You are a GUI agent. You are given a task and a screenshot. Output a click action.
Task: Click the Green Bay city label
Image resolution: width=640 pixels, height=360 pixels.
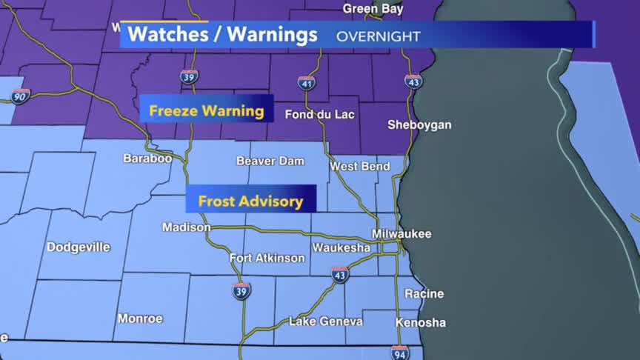(x=372, y=9)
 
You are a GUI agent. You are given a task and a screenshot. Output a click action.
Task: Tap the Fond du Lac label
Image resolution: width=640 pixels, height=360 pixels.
(x=318, y=115)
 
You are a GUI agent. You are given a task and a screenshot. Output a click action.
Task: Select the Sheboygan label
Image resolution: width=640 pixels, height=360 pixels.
(x=419, y=125)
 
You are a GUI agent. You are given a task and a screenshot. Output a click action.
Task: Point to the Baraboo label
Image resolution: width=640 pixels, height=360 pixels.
(x=147, y=159)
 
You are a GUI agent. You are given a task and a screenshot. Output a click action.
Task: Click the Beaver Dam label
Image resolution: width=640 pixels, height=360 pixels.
(x=267, y=161)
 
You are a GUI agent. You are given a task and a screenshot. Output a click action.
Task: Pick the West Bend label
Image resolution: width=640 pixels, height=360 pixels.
(x=360, y=167)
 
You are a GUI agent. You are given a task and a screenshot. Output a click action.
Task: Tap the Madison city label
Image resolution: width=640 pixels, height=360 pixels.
(x=186, y=227)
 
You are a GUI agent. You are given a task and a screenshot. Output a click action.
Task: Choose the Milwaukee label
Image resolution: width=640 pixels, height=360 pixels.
(x=401, y=234)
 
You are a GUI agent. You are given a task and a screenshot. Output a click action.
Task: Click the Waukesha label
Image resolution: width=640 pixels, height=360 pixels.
(x=341, y=247)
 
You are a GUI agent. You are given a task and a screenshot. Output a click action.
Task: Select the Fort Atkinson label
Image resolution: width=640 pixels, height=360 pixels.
(x=267, y=258)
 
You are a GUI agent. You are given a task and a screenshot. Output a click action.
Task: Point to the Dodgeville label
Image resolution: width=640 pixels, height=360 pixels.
(x=79, y=247)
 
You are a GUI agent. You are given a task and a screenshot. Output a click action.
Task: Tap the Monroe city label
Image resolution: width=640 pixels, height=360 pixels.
(x=140, y=319)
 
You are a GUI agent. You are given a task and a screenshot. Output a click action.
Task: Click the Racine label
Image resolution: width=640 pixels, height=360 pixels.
(x=424, y=293)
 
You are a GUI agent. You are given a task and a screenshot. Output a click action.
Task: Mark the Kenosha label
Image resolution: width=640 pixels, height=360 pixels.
(x=421, y=323)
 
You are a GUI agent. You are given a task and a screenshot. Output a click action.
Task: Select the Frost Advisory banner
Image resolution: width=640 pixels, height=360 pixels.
(x=250, y=201)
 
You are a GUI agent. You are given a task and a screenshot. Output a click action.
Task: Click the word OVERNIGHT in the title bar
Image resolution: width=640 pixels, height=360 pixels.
(x=379, y=36)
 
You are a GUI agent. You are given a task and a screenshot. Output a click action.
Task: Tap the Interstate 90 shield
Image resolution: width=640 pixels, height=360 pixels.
(x=20, y=96)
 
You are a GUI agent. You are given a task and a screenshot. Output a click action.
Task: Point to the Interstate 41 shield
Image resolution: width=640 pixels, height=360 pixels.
(x=307, y=83)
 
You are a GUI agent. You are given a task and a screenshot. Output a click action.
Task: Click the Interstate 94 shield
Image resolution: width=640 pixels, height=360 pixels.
(x=400, y=353)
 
